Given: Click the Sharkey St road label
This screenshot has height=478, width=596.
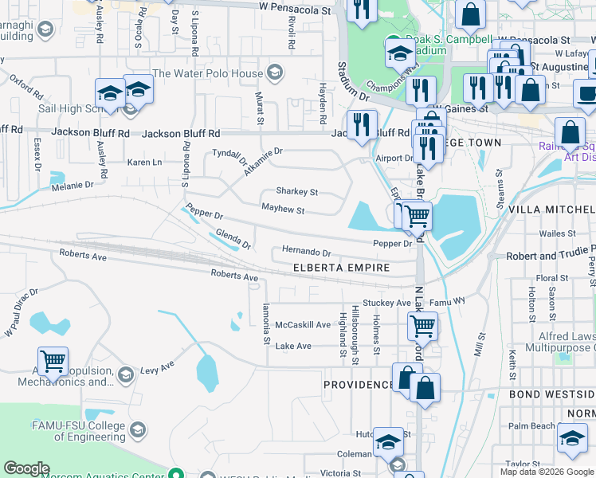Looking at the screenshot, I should [x=296, y=192].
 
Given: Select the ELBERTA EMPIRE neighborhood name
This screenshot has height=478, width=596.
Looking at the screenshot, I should [x=341, y=268].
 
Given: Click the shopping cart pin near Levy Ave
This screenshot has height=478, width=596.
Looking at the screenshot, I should [x=53, y=362].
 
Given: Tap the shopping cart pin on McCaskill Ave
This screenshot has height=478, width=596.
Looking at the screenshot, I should [x=422, y=325].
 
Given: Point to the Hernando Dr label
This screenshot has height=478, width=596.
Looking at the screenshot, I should [x=306, y=252].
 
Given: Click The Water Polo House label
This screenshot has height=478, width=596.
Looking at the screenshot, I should [x=207, y=73].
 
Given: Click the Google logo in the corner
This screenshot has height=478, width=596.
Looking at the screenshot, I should [x=25, y=468].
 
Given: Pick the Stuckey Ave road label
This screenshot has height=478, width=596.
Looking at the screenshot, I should [x=386, y=304].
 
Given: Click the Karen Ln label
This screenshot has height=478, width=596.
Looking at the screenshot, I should [x=145, y=163].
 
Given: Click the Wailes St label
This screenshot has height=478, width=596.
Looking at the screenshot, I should [x=556, y=233].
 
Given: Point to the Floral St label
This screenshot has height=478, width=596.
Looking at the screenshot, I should [x=551, y=278].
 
